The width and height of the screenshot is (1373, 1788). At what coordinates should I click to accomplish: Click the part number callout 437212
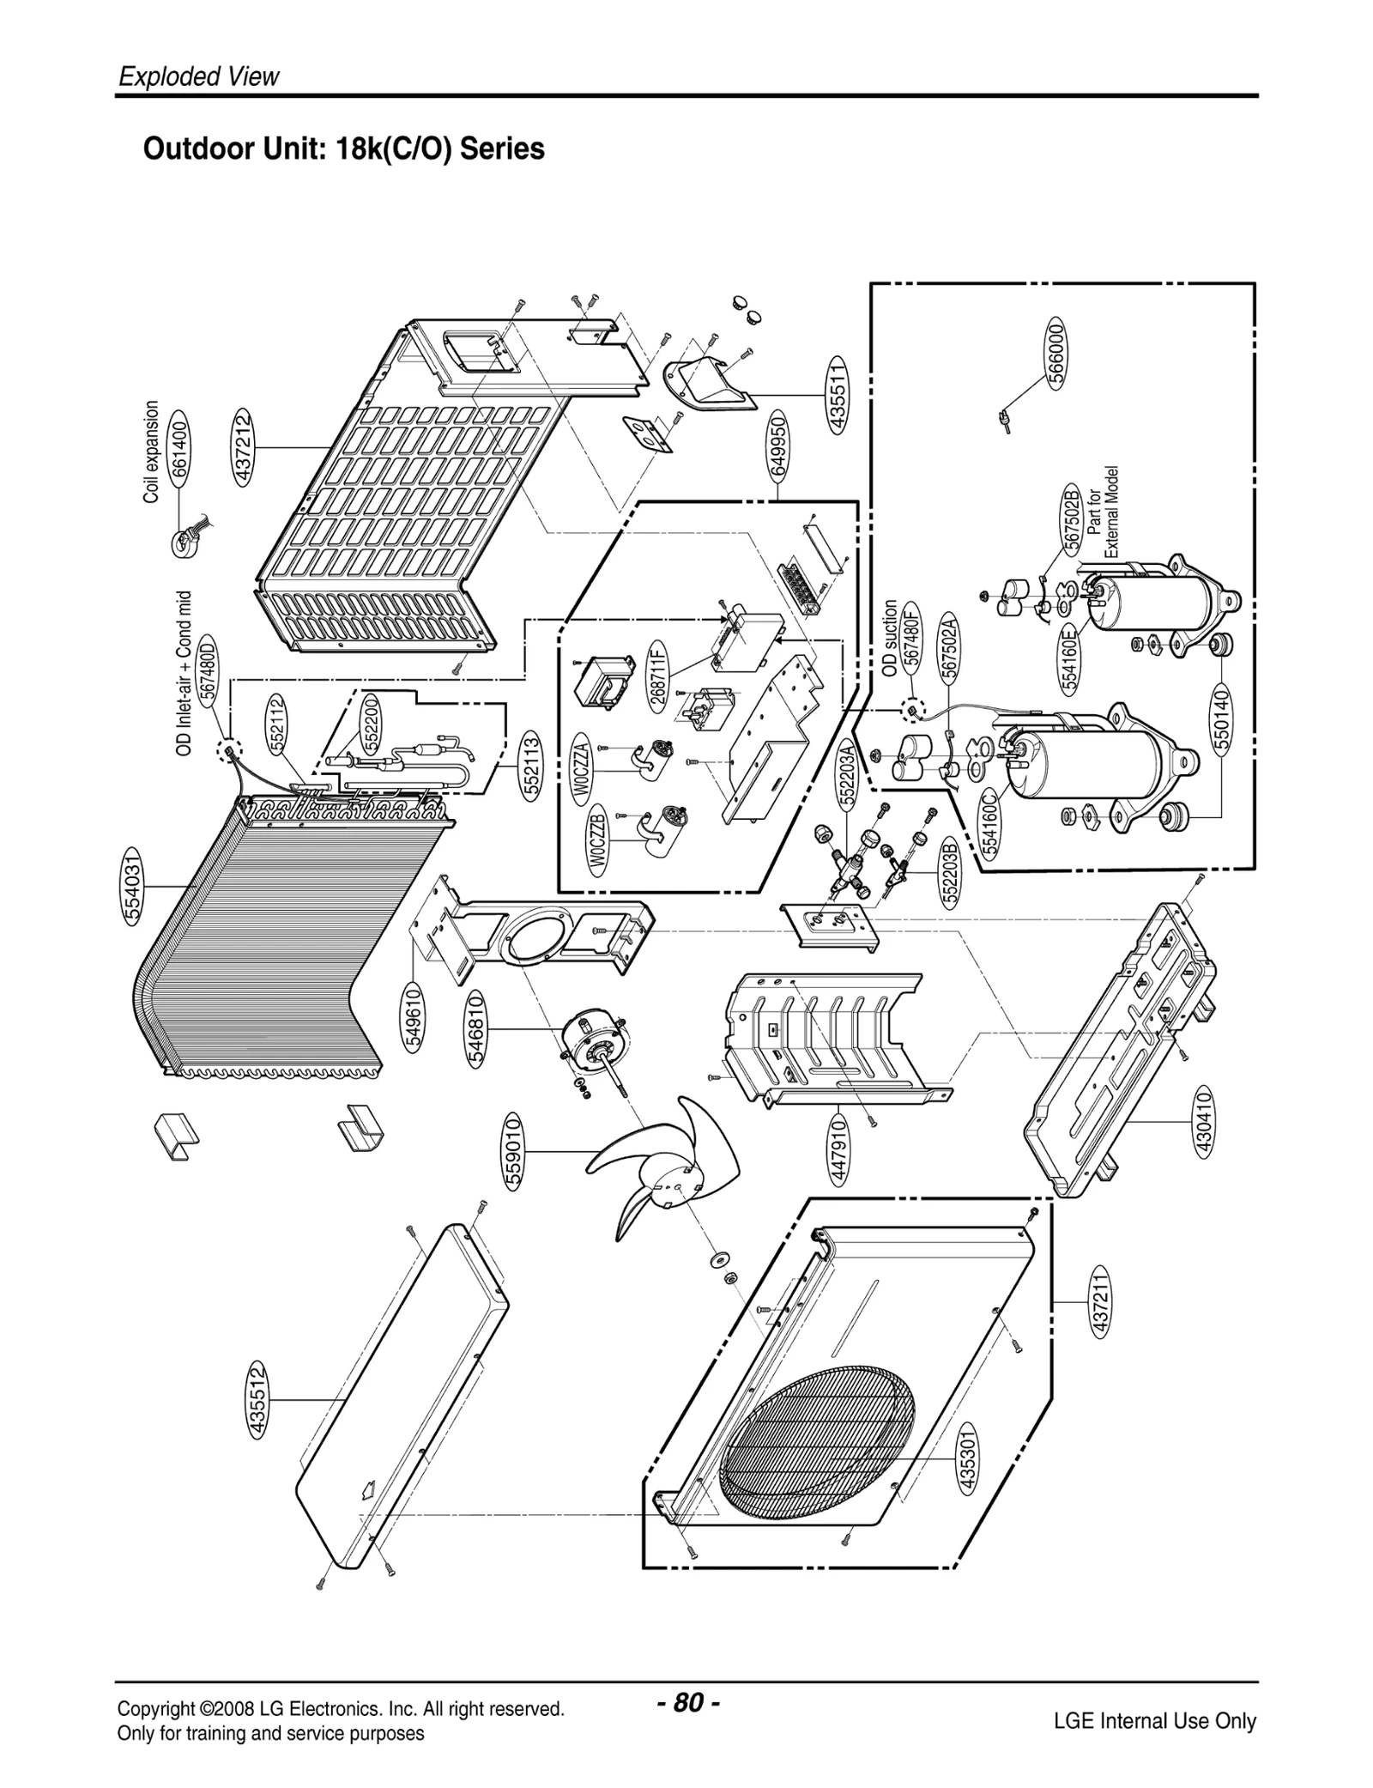pos(244,447)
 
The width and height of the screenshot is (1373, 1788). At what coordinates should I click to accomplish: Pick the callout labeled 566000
pos(1057,352)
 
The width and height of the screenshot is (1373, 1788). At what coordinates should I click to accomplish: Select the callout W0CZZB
pos(599,840)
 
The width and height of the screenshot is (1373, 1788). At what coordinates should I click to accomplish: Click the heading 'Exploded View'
pos(199,76)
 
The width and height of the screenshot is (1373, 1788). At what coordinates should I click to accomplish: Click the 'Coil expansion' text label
pos(152,452)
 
